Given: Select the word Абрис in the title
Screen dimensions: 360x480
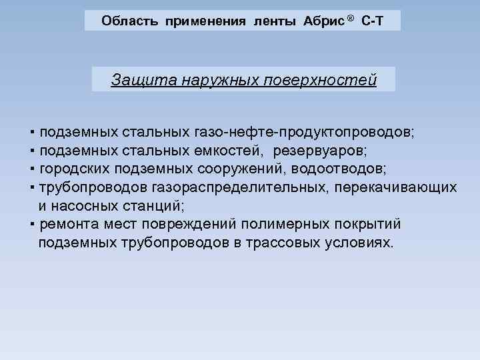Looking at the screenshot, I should [x=322, y=21].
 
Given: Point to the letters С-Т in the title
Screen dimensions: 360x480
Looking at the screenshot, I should [x=372, y=21].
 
